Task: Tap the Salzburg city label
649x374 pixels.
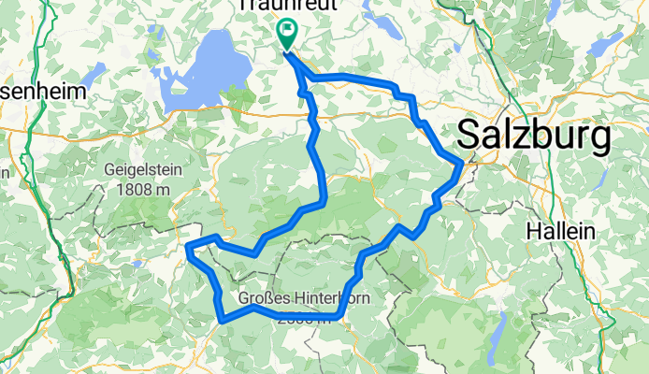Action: tap(533, 137)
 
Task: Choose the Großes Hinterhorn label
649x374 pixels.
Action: tap(291, 299)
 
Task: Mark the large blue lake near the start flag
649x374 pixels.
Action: tap(209, 65)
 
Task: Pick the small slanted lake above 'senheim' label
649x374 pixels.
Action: tap(92, 72)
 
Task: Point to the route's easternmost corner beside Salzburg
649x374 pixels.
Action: tap(461, 165)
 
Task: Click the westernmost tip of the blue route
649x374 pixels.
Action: tap(189, 248)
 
